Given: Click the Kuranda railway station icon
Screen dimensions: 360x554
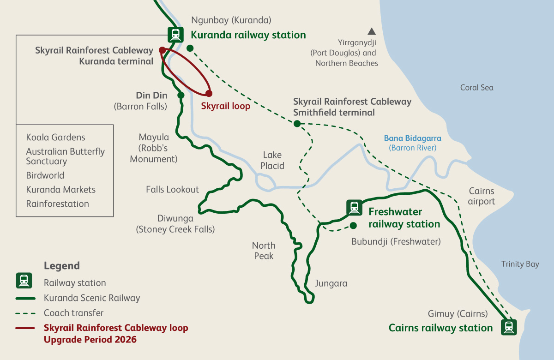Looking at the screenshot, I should (x=175, y=34).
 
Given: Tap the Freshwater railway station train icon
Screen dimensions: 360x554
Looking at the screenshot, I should (x=354, y=208).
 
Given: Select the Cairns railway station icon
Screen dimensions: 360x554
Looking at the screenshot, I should (x=509, y=327).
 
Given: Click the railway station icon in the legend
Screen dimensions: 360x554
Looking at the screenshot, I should (x=24, y=280).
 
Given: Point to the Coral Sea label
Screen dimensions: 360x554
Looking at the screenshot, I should (x=476, y=88).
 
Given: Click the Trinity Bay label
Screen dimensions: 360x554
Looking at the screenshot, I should (x=520, y=264).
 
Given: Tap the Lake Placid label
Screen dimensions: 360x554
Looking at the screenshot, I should (x=272, y=160).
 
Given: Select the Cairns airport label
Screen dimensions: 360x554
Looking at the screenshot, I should (x=481, y=196).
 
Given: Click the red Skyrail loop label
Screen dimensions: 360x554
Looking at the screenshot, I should (x=225, y=106).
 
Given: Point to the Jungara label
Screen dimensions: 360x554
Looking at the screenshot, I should (x=331, y=283).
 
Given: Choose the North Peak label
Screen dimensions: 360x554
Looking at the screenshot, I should (x=264, y=251).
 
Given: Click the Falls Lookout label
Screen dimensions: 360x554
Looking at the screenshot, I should (x=172, y=189).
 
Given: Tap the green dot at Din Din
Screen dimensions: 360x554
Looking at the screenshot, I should (x=181, y=95).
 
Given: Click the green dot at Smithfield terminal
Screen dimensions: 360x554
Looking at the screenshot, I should (x=297, y=123).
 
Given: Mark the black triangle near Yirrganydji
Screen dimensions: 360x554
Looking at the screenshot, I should (x=371, y=32).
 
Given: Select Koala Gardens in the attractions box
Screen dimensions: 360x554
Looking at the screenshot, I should (x=55, y=138).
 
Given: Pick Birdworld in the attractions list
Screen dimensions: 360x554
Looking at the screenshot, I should (x=45, y=175).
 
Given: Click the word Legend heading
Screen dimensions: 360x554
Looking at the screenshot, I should (x=62, y=266).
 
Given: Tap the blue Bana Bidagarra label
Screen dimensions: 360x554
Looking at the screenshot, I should (x=412, y=138).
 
